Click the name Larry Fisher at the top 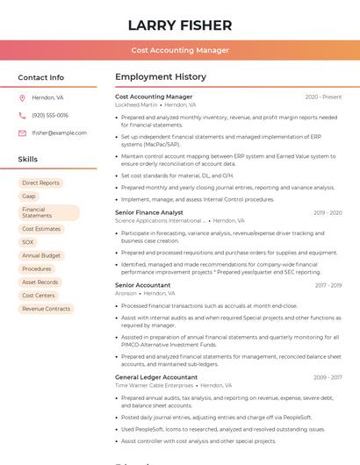click(180, 25)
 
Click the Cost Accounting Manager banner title click(180, 50)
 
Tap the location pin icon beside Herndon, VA click(22, 97)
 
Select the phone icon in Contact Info click(22, 115)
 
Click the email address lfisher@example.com click(59, 132)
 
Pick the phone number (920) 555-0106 click(50, 115)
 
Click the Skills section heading click(28, 160)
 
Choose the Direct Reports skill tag click(41, 183)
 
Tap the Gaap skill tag click(29, 197)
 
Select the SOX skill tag click(28, 242)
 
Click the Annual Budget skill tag click(41, 255)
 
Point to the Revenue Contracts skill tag click(46, 309)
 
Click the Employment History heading click(161, 77)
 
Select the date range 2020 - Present click(323, 97)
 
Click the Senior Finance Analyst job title click(149, 212)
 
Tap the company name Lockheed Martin click(136, 104)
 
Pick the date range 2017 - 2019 click(328, 285)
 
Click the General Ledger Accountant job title click(156, 377)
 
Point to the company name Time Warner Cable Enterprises click(154, 385)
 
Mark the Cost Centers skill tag click(39, 296)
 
